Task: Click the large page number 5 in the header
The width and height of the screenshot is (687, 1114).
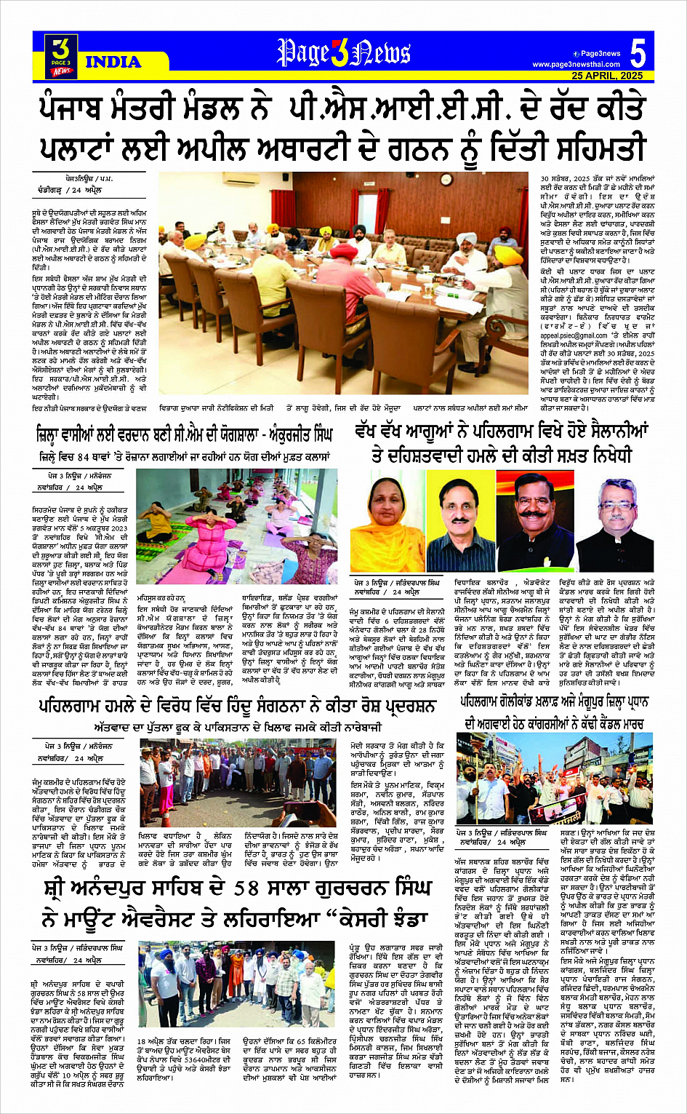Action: click(638, 53)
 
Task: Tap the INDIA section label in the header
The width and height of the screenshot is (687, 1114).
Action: click(112, 63)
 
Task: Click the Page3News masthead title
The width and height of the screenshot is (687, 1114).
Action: click(343, 53)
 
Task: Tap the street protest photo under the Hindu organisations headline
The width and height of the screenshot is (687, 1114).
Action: click(238, 782)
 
